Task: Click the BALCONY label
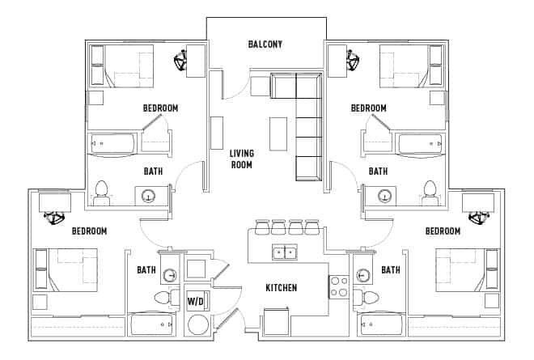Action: [265, 44]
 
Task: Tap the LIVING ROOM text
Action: [241, 159]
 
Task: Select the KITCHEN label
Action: [282, 288]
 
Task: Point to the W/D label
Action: [197, 301]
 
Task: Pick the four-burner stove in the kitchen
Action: [337, 286]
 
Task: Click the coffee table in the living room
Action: [278, 133]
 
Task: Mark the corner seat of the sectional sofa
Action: [309, 85]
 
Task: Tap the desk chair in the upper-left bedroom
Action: [180, 59]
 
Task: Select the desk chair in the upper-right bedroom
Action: [353, 59]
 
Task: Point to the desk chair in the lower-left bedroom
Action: [55, 217]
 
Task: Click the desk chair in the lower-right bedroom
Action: [477, 217]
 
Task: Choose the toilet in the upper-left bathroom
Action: [102, 192]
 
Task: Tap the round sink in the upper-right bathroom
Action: [385, 195]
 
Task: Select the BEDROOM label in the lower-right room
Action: [442, 231]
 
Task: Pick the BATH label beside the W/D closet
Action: [146, 270]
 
